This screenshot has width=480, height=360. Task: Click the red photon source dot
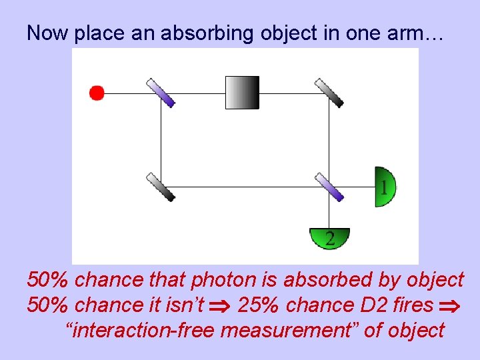point(97,93)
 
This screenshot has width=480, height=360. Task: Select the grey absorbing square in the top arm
point(242,93)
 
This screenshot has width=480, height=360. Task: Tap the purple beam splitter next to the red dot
point(161,93)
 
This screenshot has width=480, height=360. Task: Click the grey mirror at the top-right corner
point(329,93)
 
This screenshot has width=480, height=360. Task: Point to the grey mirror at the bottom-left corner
point(161,187)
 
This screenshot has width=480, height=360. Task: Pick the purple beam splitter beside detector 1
point(329,187)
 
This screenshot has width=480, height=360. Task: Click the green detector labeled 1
point(385,187)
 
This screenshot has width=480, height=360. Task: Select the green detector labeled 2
point(329,237)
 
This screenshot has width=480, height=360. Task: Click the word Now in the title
point(48,33)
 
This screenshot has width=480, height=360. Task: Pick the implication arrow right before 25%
point(219,306)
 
